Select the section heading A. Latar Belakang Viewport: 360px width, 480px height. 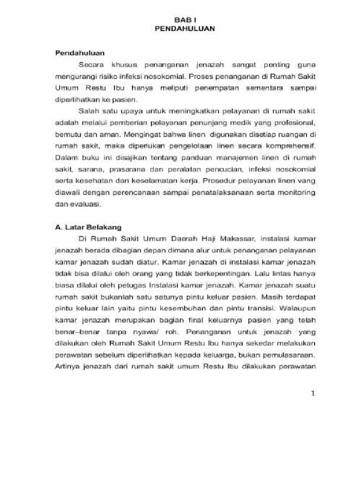89,227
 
